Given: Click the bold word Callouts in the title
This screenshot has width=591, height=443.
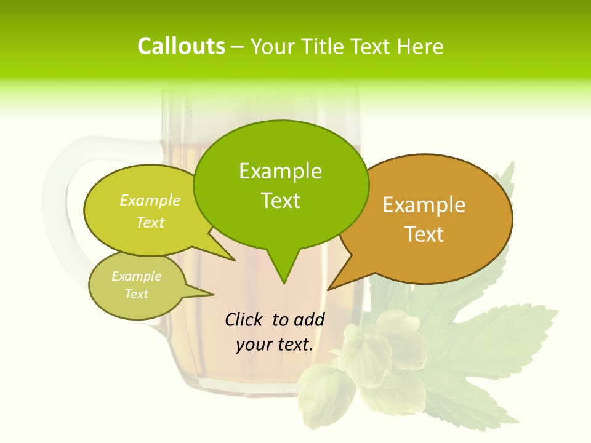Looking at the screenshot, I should pos(181,46).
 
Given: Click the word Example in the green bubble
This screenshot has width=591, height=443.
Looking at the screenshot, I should pos(280,171).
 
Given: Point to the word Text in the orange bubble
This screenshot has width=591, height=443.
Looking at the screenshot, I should pos(424,234).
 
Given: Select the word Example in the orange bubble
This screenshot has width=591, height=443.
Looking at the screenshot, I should pos(424,205).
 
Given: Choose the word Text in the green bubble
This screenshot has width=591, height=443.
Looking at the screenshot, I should pos(280,201).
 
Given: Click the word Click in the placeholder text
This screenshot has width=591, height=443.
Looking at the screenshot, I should pos(243,319).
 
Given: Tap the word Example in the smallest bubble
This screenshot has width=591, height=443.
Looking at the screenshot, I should pos(136,276).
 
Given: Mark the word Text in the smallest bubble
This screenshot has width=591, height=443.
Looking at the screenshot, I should pos(136,294).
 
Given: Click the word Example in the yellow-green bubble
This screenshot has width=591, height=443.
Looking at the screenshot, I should pos(150,200).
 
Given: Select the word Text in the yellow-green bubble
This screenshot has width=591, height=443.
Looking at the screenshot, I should pos(150,222).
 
